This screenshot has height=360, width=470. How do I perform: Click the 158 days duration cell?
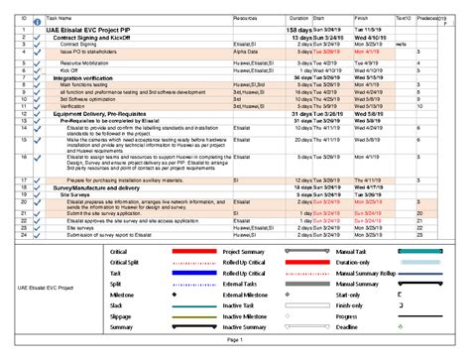298,31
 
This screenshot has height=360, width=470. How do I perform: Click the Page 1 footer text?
235,339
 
